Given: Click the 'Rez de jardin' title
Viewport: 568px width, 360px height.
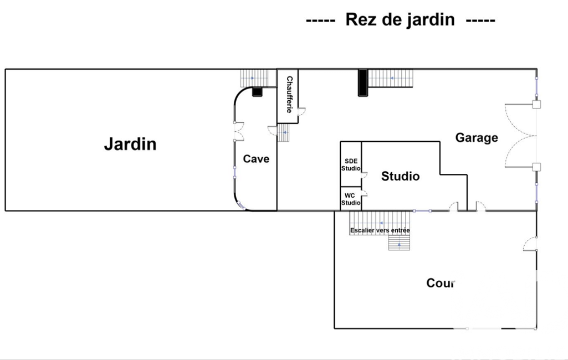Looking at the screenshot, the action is click(400, 19).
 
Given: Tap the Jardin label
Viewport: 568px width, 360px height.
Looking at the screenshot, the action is click(130, 144).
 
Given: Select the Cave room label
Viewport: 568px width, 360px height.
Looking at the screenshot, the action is click(256, 158).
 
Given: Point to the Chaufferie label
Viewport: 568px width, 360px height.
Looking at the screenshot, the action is click(289, 94).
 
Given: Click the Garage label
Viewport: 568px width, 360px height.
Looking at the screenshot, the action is click(477, 137).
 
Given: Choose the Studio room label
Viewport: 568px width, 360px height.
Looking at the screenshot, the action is click(400, 176).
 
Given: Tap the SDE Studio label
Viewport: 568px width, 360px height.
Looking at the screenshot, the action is click(351, 165).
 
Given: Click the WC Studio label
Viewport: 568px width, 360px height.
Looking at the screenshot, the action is click(351, 199).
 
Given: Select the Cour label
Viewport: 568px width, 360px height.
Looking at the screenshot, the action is click(441, 283).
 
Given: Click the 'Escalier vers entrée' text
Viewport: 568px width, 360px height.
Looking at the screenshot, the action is click(380, 230).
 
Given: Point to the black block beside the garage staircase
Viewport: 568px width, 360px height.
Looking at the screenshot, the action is click(363, 83).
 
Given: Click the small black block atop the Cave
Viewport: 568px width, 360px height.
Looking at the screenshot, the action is click(257, 91).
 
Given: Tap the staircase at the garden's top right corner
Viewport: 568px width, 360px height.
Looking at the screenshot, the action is click(255, 78).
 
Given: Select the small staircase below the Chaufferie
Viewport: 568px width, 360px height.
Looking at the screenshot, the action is click(284, 132).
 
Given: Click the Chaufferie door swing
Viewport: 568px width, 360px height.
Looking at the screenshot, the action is click(302, 111).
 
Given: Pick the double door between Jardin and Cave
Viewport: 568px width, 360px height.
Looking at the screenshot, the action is click(239, 131).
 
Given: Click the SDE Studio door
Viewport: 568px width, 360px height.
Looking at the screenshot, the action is click(365, 175).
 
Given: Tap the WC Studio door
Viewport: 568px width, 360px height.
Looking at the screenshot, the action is click(365, 193).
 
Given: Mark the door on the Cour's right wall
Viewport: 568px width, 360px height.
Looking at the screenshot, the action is click(530, 244).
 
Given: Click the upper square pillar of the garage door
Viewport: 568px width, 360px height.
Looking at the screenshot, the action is click(536, 104).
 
